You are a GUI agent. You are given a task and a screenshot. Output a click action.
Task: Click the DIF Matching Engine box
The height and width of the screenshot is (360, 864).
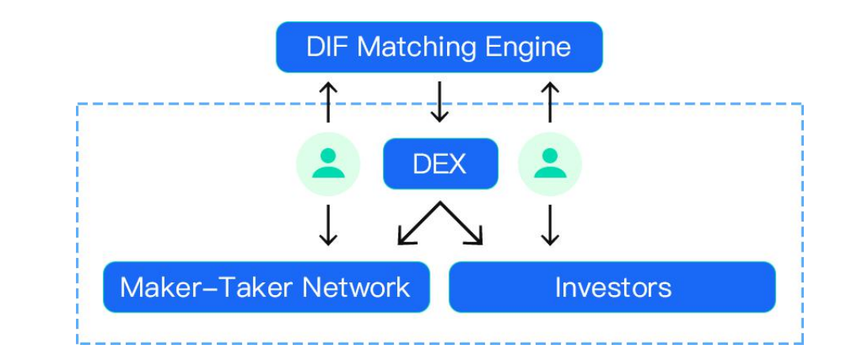click(x=439, y=47)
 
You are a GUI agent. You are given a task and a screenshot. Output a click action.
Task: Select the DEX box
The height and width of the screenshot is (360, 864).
click(x=440, y=164)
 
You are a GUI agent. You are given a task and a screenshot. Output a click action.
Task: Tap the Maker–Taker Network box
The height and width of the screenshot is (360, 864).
click(x=266, y=286)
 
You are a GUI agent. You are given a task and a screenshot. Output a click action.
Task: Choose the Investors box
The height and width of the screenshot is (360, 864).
click(x=612, y=286)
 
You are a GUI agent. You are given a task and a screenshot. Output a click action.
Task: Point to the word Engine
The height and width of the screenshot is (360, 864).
click(x=527, y=47)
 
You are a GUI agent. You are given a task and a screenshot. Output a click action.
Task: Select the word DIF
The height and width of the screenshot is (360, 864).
click(x=327, y=47)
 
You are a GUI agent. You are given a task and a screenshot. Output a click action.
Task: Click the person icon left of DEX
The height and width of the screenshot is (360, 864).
click(x=328, y=164)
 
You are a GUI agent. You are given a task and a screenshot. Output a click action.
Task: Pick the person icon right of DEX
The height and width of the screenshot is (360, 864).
click(x=550, y=164)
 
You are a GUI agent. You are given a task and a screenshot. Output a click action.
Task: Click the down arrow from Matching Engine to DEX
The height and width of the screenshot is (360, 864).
click(x=439, y=104)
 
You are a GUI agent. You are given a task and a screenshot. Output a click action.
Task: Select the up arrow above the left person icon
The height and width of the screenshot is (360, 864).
click(x=328, y=102)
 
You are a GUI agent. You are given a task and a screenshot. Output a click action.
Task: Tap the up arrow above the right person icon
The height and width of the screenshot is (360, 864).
click(x=550, y=102)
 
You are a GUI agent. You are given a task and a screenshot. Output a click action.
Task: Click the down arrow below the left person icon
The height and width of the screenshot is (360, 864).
click(x=328, y=225)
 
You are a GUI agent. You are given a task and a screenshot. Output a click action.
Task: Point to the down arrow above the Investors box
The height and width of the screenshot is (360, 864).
click(x=550, y=225)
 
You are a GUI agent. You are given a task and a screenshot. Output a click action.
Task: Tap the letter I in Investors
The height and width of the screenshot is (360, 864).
click(x=559, y=286)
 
